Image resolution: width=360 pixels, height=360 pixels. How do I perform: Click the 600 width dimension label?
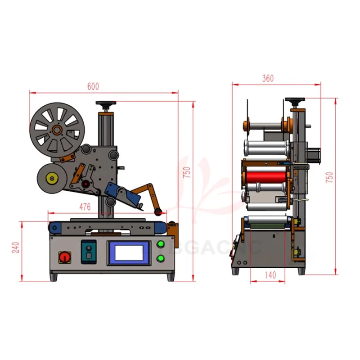coord(93,87)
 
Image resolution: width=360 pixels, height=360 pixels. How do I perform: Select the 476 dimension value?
coord(85,207)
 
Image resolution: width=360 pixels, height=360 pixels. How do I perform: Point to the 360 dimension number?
coord(267,78)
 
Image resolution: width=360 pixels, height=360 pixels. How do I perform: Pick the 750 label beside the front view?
coord(187,172)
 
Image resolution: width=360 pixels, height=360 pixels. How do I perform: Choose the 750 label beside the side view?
coord(329,176)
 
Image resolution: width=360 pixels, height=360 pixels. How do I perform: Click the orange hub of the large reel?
coord(57,130)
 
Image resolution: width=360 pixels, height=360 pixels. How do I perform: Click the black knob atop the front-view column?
coord(107,104)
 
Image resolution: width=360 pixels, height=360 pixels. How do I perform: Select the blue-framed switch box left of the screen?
coord(88,253)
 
